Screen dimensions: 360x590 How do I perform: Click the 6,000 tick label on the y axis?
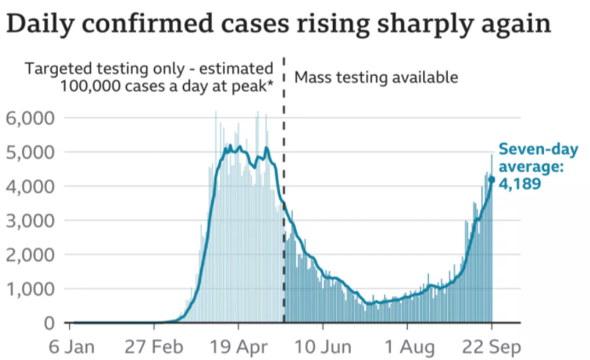click(x=31, y=117)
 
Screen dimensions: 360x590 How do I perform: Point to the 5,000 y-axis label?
click(x=31, y=151)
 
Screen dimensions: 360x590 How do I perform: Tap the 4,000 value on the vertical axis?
click(x=31, y=186)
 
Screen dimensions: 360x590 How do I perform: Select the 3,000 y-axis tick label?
click(x=31, y=220)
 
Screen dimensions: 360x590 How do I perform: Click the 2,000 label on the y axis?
click(x=31, y=254)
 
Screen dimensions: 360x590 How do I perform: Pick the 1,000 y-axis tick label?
click(x=31, y=289)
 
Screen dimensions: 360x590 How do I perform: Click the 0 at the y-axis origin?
click(x=50, y=323)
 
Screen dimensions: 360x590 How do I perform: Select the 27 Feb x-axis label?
click(x=154, y=347)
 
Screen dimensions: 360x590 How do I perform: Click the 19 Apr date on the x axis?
click(x=238, y=347)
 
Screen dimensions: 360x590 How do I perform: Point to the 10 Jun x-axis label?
click(x=322, y=347)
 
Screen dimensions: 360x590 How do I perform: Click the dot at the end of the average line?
click(x=491, y=180)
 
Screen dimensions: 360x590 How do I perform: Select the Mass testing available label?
click(x=375, y=77)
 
